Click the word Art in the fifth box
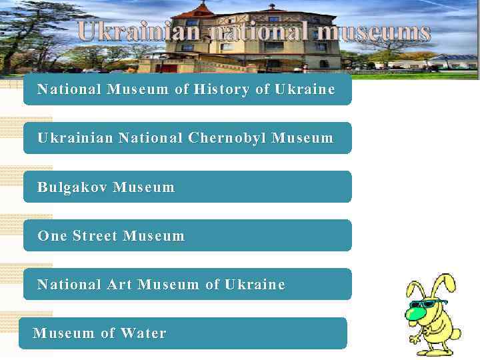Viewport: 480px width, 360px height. click(x=120, y=285)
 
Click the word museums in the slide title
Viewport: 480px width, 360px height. click(x=373, y=32)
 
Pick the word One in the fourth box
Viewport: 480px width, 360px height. click(x=52, y=236)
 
